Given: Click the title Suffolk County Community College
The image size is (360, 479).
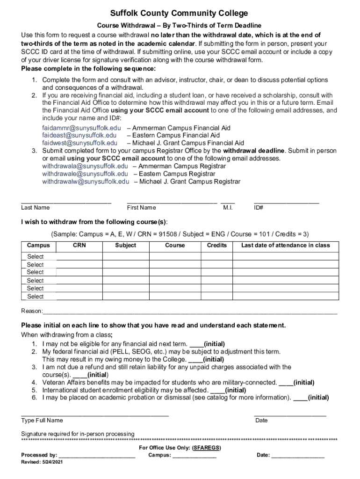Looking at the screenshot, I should [180, 13].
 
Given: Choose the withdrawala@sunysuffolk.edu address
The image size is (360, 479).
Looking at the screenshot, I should [85, 166].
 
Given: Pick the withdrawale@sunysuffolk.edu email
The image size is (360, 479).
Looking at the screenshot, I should [85, 174].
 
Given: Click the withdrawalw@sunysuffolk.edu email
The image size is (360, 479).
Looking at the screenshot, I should [86, 181].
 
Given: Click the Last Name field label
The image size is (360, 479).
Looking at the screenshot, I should [36, 208].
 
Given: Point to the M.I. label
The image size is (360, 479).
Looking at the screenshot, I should [228, 208].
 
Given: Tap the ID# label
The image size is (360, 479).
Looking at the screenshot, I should [259, 208].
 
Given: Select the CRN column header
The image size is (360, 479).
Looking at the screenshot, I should [79, 245].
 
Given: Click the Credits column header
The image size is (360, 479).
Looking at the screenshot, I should [216, 245].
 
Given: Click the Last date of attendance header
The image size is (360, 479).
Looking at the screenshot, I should [285, 245].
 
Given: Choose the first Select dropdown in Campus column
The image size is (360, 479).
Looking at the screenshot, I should [36, 256].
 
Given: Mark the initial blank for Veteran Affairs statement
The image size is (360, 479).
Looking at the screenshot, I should [286, 382].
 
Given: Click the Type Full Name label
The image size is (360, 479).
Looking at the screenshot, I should [42, 420].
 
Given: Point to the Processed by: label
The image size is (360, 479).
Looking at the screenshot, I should [39, 455].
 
